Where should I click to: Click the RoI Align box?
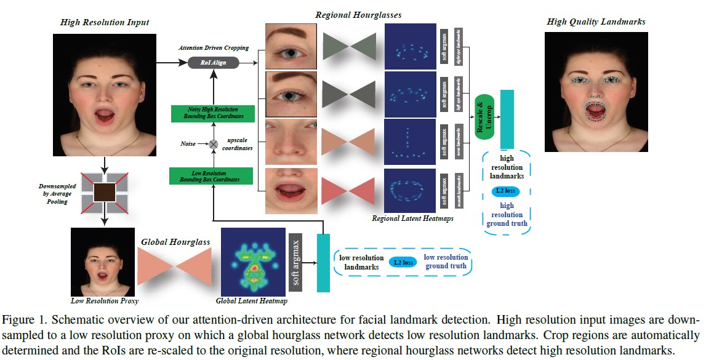[211, 62]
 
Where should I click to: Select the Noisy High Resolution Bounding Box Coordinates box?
[211, 113]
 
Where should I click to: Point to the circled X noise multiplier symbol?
[213, 144]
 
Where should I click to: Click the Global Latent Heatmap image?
[252, 262]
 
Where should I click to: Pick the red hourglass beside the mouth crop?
[348, 190]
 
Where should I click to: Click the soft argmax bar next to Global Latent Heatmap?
[295, 262]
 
